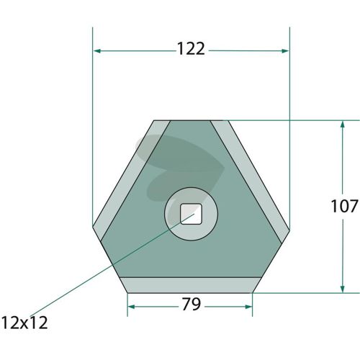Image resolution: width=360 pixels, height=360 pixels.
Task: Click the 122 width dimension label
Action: coord(191,49)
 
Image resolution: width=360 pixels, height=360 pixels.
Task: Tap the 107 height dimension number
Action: coord(344,206)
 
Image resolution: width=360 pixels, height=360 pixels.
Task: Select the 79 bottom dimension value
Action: coord(191,304)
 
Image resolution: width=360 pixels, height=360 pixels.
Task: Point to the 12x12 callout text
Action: coord(24,323)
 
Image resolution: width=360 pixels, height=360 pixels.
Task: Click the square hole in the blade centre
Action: coord(191,214)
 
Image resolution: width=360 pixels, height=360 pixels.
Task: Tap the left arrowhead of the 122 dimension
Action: coord(97,51)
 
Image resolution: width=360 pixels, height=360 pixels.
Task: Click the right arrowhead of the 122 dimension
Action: coord(285,51)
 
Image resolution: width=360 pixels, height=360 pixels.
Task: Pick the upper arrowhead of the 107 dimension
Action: coord(343,125)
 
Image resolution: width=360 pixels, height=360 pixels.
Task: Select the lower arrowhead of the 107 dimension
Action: coord(343,288)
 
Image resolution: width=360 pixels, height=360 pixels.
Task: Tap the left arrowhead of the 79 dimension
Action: coord(132,307)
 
